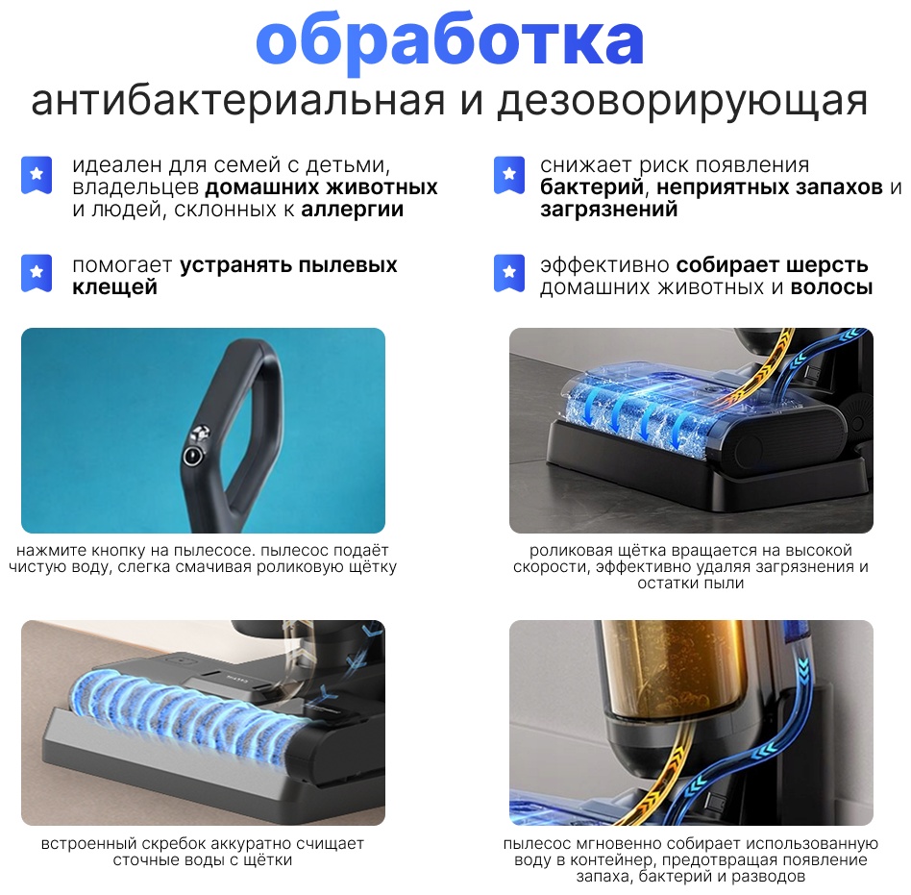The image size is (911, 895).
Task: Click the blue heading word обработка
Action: click(450, 39)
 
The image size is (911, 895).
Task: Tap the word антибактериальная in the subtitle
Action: click(238, 101)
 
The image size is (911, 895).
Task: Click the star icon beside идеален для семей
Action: click(37, 174)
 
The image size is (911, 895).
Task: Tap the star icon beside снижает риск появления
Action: click(509, 174)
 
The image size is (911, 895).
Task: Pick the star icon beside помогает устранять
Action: click(37, 273)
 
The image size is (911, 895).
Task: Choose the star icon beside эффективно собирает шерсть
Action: click(509, 273)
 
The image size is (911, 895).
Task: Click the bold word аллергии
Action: click(352, 210)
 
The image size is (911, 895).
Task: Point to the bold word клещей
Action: click(115, 287)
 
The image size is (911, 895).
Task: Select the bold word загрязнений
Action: click(609, 210)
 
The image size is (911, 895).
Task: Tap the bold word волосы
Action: click(832, 287)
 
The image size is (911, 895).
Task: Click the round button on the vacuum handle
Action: click(193, 456)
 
